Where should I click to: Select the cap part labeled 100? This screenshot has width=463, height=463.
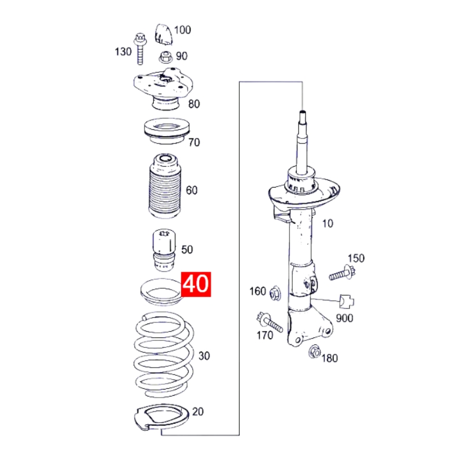[x=163, y=34]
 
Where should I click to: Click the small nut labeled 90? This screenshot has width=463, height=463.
[x=165, y=57]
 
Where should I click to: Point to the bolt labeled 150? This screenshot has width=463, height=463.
[x=341, y=271]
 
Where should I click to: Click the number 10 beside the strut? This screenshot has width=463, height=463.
[x=328, y=223]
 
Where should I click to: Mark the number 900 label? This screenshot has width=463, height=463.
[x=346, y=318]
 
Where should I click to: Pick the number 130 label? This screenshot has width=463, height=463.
[x=123, y=52]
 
